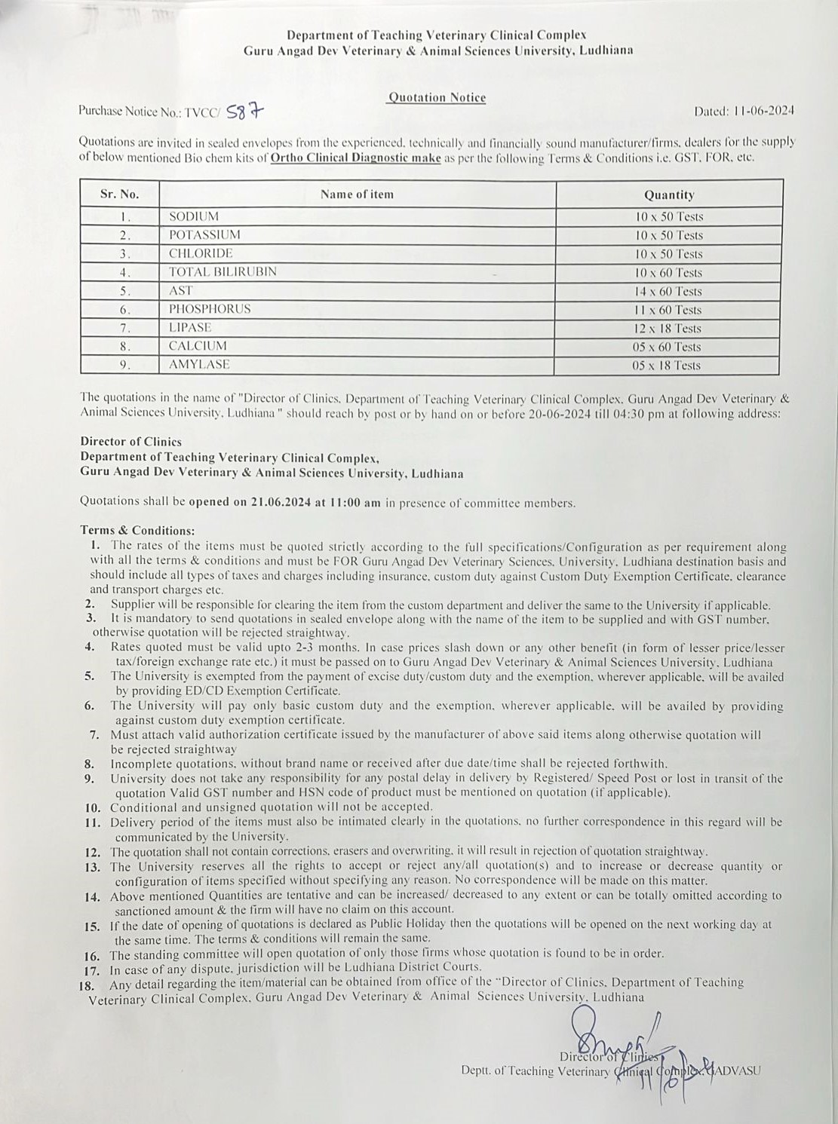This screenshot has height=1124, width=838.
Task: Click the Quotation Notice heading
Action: (x=437, y=97)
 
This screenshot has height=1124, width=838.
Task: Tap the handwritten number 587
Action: (x=247, y=112)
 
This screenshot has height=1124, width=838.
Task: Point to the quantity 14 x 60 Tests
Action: (x=668, y=291)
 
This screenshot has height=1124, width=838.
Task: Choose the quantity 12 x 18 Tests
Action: (x=668, y=328)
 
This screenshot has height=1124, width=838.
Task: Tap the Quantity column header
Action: (x=668, y=194)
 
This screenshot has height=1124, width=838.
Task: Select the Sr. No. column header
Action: (x=120, y=194)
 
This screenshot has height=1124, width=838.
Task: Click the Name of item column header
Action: (x=357, y=194)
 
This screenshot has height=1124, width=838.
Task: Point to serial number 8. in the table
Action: (x=125, y=347)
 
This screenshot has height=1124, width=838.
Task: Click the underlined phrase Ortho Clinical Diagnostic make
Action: (x=355, y=158)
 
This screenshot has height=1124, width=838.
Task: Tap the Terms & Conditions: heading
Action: (x=137, y=531)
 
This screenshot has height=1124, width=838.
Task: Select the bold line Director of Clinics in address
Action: (x=131, y=442)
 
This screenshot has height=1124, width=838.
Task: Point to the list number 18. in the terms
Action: (x=87, y=985)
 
